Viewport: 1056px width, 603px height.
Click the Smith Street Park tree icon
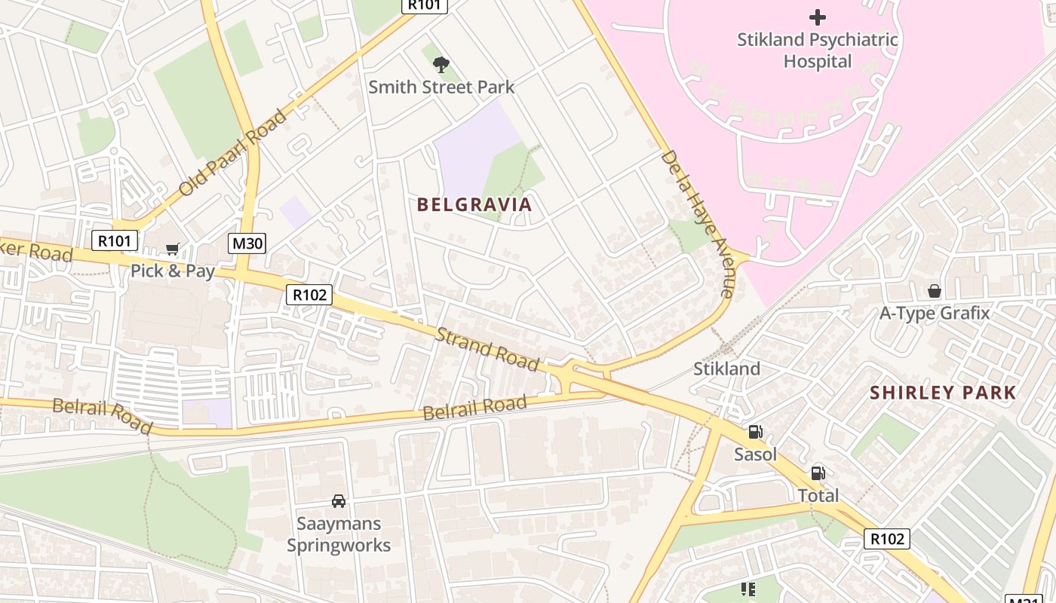(x=441, y=65)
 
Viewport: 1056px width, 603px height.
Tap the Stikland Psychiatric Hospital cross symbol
(x=817, y=17)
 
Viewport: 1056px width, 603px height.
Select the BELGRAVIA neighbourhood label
(x=474, y=204)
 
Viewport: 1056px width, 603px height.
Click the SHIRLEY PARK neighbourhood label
(x=943, y=393)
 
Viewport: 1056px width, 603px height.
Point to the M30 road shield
(x=247, y=243)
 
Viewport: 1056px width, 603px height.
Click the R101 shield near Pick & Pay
(x=115, y=241)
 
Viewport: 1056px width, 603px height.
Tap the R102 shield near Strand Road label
(x=309, y=295)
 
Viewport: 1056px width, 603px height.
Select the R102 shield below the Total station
(x=887, y=539)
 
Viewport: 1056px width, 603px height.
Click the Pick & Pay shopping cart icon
(x=173, y=249)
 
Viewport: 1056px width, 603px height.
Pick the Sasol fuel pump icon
(x=755, y=432)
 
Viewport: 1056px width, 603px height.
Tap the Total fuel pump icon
(x=818, y=473)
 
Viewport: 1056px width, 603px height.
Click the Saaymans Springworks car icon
(x=339, y=501)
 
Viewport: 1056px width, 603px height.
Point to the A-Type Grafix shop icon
(x=935, y=291)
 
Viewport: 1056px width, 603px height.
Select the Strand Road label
(x=487, y=349)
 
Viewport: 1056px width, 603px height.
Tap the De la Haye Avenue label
(x=697, y=223)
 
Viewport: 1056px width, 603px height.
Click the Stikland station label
(x=726, y=369)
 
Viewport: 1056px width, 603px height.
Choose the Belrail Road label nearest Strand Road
(x=474, y=408)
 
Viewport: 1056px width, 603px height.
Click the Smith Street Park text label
(x=441, y=87)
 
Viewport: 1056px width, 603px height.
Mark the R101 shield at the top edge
(x=424, y=5)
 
